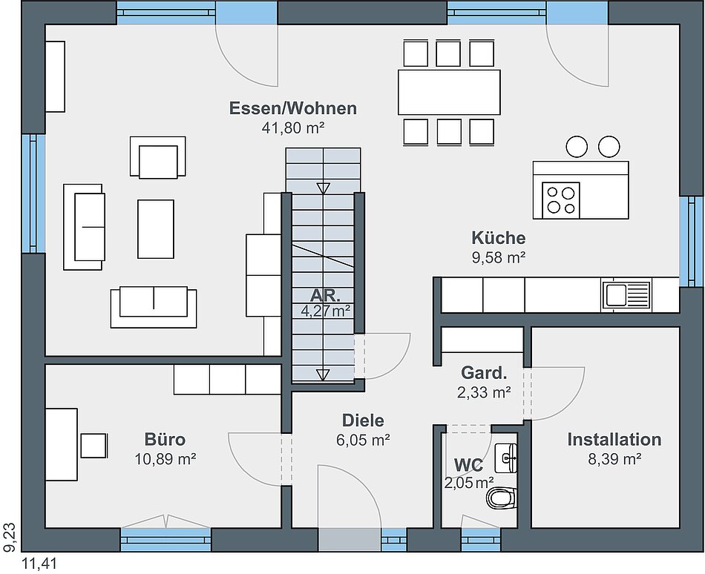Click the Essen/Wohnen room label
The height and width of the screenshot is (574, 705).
pos(293,108)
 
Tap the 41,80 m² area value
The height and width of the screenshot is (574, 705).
pos(293,128)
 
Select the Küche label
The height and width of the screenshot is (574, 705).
pos(499,237)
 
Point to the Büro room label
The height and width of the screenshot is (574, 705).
pos(165,439)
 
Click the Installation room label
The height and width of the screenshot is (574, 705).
pos(614,439)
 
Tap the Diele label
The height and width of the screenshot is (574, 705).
pos(364,420)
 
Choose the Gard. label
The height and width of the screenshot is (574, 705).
pos(485,372)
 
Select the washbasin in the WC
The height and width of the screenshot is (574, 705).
pos(506,458)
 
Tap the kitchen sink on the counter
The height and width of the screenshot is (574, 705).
pos(626,296)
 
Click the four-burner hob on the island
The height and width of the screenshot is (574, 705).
pos(561,200)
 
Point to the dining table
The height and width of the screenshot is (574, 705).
pos(449,92)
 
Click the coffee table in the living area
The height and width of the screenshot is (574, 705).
pos(156,229)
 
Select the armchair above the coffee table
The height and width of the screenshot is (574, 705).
pos(158,156)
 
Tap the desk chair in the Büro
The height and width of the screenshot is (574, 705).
pos(94,446)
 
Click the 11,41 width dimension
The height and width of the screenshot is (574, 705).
pos(40,564)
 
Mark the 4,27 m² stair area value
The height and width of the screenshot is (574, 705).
pos(326,310)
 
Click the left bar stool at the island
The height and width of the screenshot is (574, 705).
pos(577,146)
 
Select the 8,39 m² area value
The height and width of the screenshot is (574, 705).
pos(614,459)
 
